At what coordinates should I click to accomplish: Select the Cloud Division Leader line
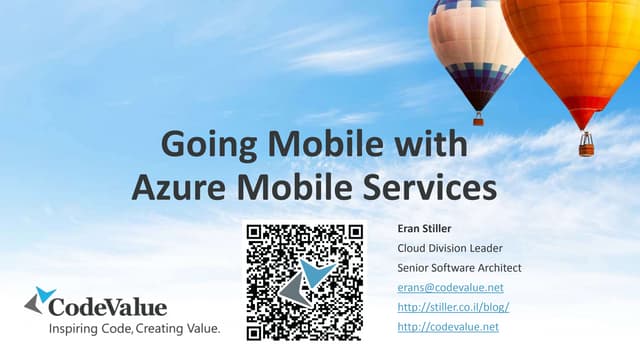coord(450,248)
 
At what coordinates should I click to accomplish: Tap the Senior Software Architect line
coord(459,268)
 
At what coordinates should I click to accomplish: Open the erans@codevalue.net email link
coord(450,288)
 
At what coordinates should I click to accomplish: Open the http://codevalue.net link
coord(447,327)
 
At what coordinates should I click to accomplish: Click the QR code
coord(305,281)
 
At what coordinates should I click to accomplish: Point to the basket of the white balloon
coord(479,119)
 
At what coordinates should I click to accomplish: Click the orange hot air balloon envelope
coord(575,50)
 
